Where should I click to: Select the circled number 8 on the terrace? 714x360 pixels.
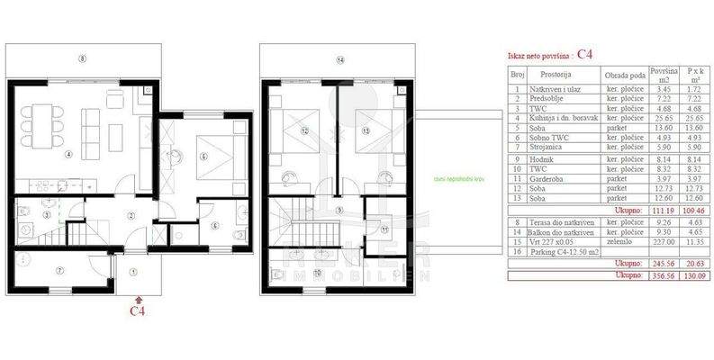click(x=82, y=59)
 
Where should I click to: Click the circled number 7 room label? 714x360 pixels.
click(x=59, y=270)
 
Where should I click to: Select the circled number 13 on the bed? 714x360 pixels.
click(x=365, y=131)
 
